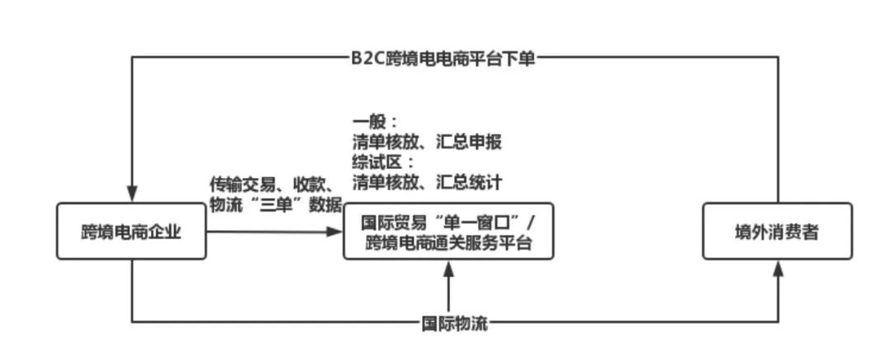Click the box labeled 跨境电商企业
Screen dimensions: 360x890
pyautogui.click(x=131, y=231)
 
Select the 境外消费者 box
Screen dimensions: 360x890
pyautogui.click(x=776, y=231)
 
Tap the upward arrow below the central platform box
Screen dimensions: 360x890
pyautogui.click(x=448, y=272)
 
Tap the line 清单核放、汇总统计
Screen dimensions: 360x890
pyautogui.click(x=426, y=180)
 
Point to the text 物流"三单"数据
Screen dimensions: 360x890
pyautogui.click(x=275, y=204)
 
